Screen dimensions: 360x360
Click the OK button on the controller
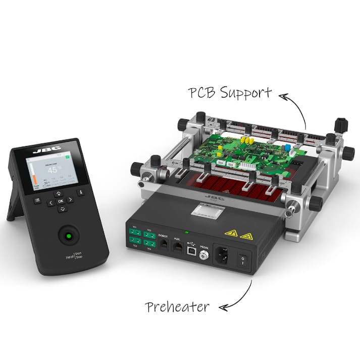[60, 201]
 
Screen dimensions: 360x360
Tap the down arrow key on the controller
[63, 209]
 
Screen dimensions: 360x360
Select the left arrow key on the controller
[50, 202]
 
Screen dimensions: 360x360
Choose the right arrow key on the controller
[70, 200]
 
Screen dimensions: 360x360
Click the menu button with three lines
[37, 200]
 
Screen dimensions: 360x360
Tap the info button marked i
[80, 192]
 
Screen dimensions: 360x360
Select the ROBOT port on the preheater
[164, 243]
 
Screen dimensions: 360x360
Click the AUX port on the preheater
[177, 246]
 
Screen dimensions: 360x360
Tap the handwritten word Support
[246, 93]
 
